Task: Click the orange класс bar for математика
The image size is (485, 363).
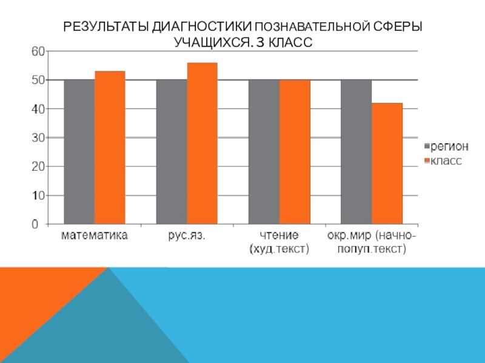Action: pyautogui.click(x=110, y=148)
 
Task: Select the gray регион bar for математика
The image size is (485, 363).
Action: pyautogui.click(x=79, y=152)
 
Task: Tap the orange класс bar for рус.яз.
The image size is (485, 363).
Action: pyautogui.click(x=202, y=143)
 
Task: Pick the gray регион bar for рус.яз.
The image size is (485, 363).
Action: pyautogui.click(x=171, y=152)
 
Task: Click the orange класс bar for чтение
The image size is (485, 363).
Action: pyautogui.click(x=294, y=152)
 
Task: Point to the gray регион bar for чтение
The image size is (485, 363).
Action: pyautogui.click(x=264, y=152)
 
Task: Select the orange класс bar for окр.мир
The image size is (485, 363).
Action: pyautogui.click(x=387, y=163)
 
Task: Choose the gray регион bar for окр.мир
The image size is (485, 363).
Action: pyautogui.click(x=356, y=152)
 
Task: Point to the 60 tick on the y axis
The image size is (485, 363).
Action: pyautogui.click(x=38, y=51)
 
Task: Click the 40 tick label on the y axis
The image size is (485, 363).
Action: pyautogui.click(x=38, y=109)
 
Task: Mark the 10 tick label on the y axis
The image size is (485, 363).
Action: pyautogui.click(x=38, y=195)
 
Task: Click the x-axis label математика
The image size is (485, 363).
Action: pyautogui.click(x=95, y=235)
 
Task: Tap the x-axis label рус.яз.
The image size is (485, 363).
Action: pyautogui.click(x=186, y=235)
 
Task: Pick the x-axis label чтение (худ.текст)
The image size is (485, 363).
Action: pyautogui.click(x=279, y=241)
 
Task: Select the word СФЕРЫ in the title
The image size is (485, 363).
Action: pyautogui.click(x=398, y=27)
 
